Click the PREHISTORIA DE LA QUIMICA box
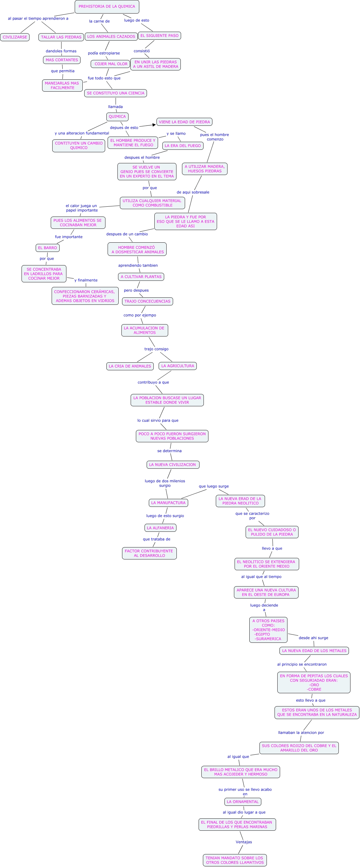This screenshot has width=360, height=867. pyautogui.click(x=107, y=7)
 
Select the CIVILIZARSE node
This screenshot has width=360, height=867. pyautogui.click(x=15, y=37)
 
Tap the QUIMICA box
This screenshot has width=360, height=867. pyautogui.click(x=117, y=117)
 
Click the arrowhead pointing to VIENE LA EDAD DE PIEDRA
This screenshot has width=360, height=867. pyautogui.click(x=154, y=125)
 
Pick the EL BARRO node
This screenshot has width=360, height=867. pyautogui.click(x=47, y=248)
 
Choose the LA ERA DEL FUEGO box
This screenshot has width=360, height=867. pyautogui.click(x=183, y=146)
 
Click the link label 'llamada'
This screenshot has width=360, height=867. pyautogui.click(x=115, y=107)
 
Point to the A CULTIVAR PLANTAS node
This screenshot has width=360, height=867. pyautogui.click(x=141, y=277)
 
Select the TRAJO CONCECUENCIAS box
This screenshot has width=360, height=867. pyautogui.click(x=147, y=301)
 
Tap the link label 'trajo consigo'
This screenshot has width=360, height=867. pyautogui.click(x=156, y=349)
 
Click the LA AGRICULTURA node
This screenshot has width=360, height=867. pyautogui.click(x=178, y=366)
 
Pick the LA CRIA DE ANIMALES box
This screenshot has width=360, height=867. pyautogui.click(x=130, y=366)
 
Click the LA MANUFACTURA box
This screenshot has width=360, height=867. pyautogui.click(x=168, y=503)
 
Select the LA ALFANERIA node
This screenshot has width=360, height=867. pyautogui.click(x=160, y=528)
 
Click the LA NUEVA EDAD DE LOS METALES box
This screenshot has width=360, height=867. pyautogui.click(x=314, y=650)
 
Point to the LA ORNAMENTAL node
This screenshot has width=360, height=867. pyautogui.click(x=243, y=802)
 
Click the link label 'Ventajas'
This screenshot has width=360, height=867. pyautogui.click(x=243, y=842)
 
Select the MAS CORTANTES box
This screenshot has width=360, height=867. pyautogui.click(x=62, y=60)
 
